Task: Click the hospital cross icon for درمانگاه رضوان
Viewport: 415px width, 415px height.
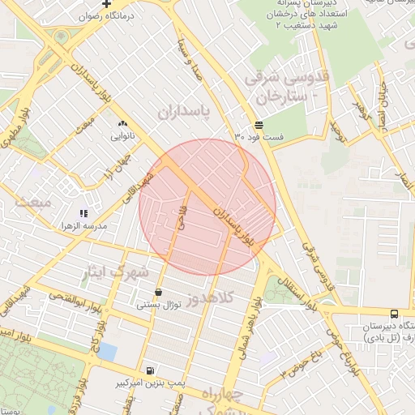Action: click(x=107, y=4)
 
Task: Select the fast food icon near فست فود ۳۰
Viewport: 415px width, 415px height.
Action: click(x=259, y=125)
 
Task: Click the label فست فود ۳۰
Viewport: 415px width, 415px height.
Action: click(x=259, y=137)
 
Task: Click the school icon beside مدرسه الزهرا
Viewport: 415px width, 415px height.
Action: click(x=83, y=213)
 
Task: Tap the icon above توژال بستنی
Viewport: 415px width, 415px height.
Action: click(x=157, y=292)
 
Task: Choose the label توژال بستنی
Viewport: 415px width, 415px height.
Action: click(x=156, y=305)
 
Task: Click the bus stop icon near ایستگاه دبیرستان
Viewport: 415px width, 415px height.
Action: click(x=394, y=314)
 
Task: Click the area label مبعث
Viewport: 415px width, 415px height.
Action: click(x=32, y=200)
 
